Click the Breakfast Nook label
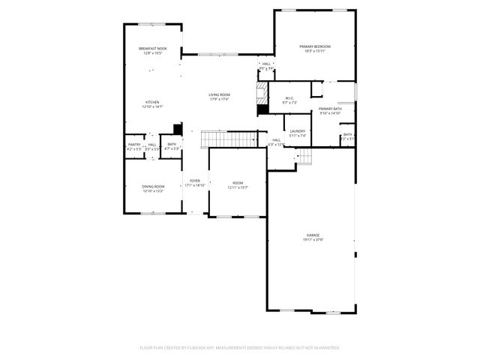[x=153, y=49]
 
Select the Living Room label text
[x=219, y=94]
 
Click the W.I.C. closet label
[x=289, y=97]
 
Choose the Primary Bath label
[x=330, y=109]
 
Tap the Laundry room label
[x=298, y=132]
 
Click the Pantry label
[x=134, y=145]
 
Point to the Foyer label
[x=195, y=181]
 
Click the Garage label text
[x=313, y=235]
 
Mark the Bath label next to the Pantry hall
[x=172, y=145]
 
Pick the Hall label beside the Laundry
[x=276, y=139]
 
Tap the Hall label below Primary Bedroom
[x=266, y=64]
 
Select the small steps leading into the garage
[x=304, y=155]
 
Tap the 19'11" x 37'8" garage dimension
[x=313, y=240]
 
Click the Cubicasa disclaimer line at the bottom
[x=240, y=347]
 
